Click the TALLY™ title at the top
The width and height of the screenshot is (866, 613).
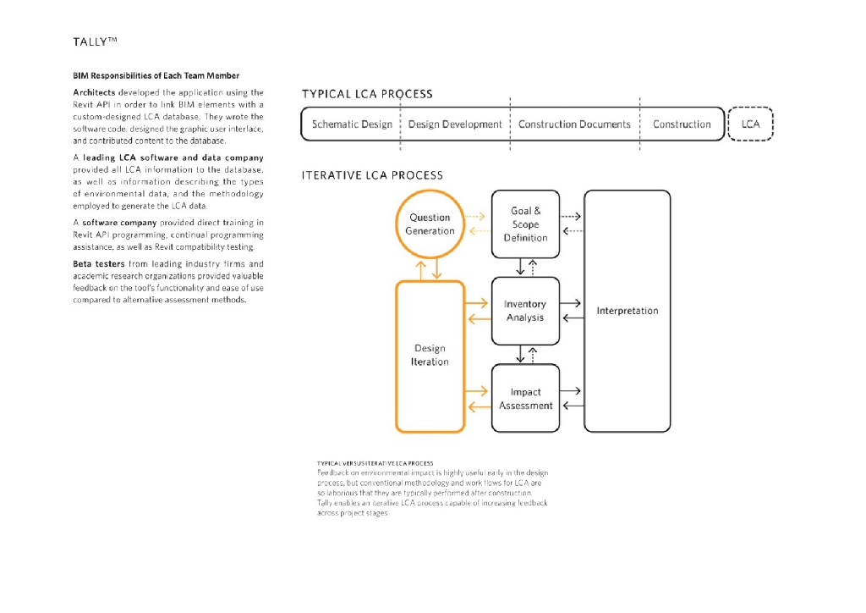(x=95, y=42)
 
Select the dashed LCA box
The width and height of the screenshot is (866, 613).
(x=750, y=124)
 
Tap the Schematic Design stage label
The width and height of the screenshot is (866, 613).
(x=352, y=124)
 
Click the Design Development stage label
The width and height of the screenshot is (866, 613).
(x=455, y=124)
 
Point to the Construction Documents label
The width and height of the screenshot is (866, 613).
(x=574, y=124)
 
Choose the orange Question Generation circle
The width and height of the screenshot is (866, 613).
(x=430, y=224)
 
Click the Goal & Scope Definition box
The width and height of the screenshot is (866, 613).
(x=525, y=224)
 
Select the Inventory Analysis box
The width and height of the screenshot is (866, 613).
(x=525, y=311)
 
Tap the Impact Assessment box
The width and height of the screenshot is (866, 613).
(x=525, y=398)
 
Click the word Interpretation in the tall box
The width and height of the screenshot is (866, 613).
(x=628, y=311)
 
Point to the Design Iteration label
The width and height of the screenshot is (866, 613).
(x=430, y=355)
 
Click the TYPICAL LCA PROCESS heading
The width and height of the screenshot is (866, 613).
(x=367, y=94)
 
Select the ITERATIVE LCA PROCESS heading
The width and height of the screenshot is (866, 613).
(x=372, y=175)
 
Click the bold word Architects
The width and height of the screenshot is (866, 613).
(x=94, y=92)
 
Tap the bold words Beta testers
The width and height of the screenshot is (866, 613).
(x=99, y=263)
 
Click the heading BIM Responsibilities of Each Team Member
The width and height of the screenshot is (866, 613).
(x=156, y=75)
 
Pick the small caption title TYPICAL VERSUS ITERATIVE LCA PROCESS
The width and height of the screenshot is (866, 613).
(x=375, y=463)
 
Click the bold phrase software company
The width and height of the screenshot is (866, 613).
(x=119, y=223)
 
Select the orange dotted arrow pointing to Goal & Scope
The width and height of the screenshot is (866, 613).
(x=475, y=216)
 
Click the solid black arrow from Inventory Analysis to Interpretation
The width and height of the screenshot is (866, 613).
(x=570, y=303)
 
